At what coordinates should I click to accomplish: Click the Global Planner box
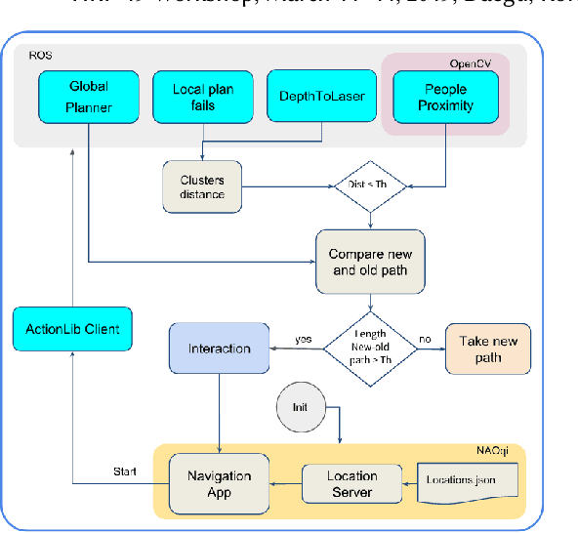pyautogui.click(x=88, y=97)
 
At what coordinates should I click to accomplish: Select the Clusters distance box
pyautogui.click(x=202, y=186)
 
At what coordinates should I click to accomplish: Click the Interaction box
pyautogui.click(x=219, y=348)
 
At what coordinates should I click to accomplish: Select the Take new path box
pyautogui.click(x=488, y=348)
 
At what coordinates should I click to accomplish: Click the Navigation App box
pyautogui.click(x=219, y=483)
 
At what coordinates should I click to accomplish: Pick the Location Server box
pyautogui.click(x=351, y=484)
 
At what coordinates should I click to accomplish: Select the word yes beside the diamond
pyautogui.click(x=305, y=341)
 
